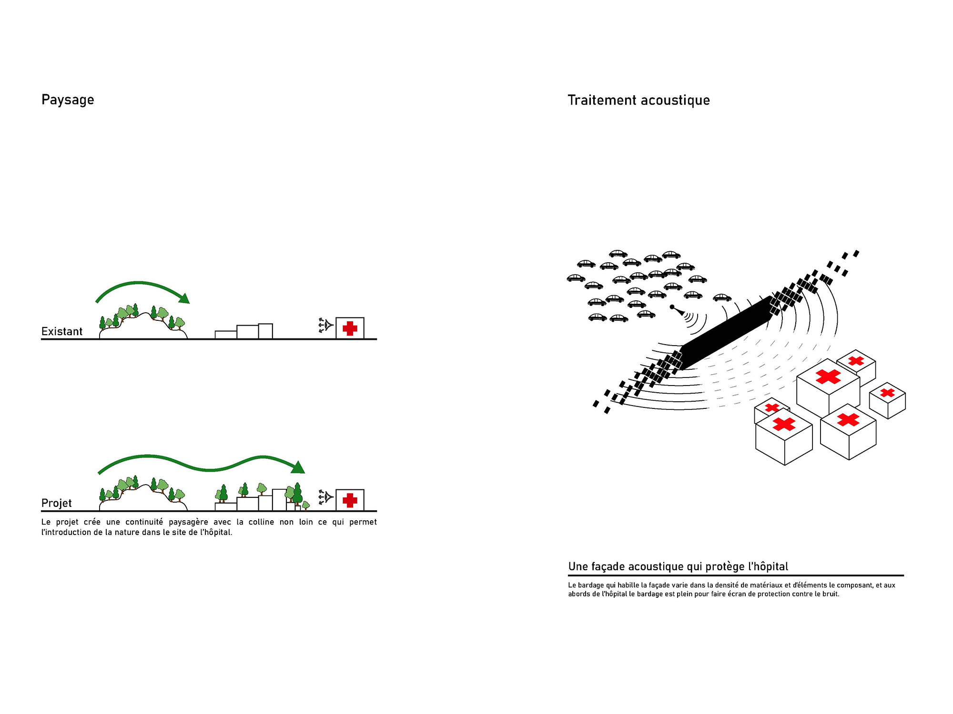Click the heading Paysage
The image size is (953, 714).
click(x=68, y=100)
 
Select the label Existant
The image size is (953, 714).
click(x=62, y=331)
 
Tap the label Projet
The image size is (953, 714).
click(x=56, y=504)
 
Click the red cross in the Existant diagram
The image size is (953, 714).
click(x=350, y=328)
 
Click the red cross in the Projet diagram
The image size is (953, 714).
click(x=350, y=500)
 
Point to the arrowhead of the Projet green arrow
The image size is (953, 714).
click(x=298, y=467)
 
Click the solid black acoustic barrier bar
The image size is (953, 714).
click(x=727, y=333)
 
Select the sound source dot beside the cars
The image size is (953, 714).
click(x=672, y=307)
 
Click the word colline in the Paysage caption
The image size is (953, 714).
click(x=261, y=522)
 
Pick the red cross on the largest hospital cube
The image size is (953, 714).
click(x=828, y=377)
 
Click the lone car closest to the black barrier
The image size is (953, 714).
click(x=722, y=297)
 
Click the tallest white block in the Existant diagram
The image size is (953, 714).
click(x=265, y=331)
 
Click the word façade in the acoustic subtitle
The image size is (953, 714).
click(x=608, y=567)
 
